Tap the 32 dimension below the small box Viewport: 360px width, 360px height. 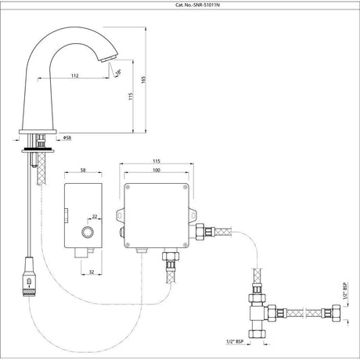pos(91,273)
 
